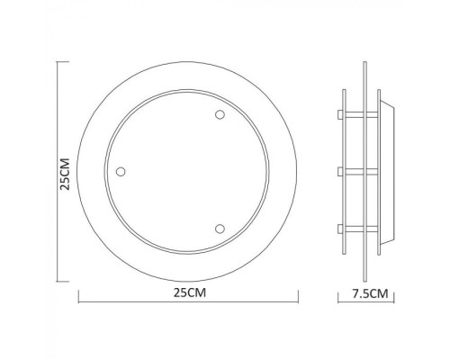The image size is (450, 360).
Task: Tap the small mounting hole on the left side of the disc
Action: (121, 171)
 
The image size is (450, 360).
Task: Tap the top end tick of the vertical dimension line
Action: (59, 62)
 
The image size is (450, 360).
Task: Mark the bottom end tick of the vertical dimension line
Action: (59, 280)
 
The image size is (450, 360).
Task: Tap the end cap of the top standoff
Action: (338, 115)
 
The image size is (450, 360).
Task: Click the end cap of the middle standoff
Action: (338, 170)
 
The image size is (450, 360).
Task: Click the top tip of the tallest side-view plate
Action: (364, 62)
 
